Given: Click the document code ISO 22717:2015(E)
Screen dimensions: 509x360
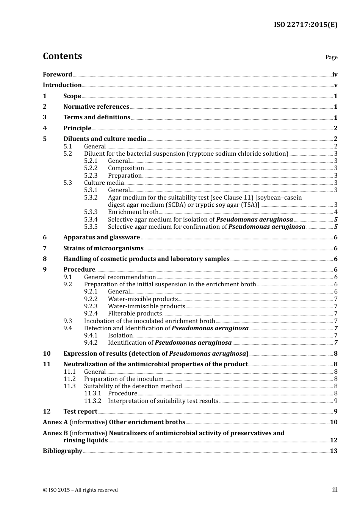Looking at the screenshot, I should coord(305,25).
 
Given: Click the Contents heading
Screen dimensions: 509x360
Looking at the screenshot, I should coord(62,56).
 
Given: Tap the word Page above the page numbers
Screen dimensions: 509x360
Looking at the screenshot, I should coord(331,57).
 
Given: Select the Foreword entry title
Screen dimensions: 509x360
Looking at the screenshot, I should coord(57,74).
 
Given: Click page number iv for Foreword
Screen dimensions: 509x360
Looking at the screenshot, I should coord(335,75).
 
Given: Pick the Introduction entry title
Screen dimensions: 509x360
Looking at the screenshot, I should coord(62,85).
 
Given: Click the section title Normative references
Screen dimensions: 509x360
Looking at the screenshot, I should coord(96,107).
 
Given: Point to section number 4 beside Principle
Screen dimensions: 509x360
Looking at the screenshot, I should coord(45,128).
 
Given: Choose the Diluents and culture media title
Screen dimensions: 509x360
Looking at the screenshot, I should coord(105,139).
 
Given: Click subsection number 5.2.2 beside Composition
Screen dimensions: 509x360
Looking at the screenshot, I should coord(91,168).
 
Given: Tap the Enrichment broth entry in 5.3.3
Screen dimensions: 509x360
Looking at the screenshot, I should coord(133,212).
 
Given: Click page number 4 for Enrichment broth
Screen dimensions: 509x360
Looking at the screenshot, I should coord(336,212).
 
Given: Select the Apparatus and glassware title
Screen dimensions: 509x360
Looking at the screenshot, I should coord(102,237).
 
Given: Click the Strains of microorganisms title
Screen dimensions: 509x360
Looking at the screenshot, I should coord(103,248).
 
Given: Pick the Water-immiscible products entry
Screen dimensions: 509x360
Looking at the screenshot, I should coord(146,306).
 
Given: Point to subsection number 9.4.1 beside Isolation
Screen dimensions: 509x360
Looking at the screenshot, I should coord(91,336).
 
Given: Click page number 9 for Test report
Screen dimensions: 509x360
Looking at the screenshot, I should coord(336,412).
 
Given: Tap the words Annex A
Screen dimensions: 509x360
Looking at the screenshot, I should coord(55,422).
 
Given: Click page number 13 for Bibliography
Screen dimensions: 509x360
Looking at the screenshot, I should coord(333,451).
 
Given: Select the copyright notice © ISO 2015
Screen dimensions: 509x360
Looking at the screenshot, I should coord(80,490).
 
